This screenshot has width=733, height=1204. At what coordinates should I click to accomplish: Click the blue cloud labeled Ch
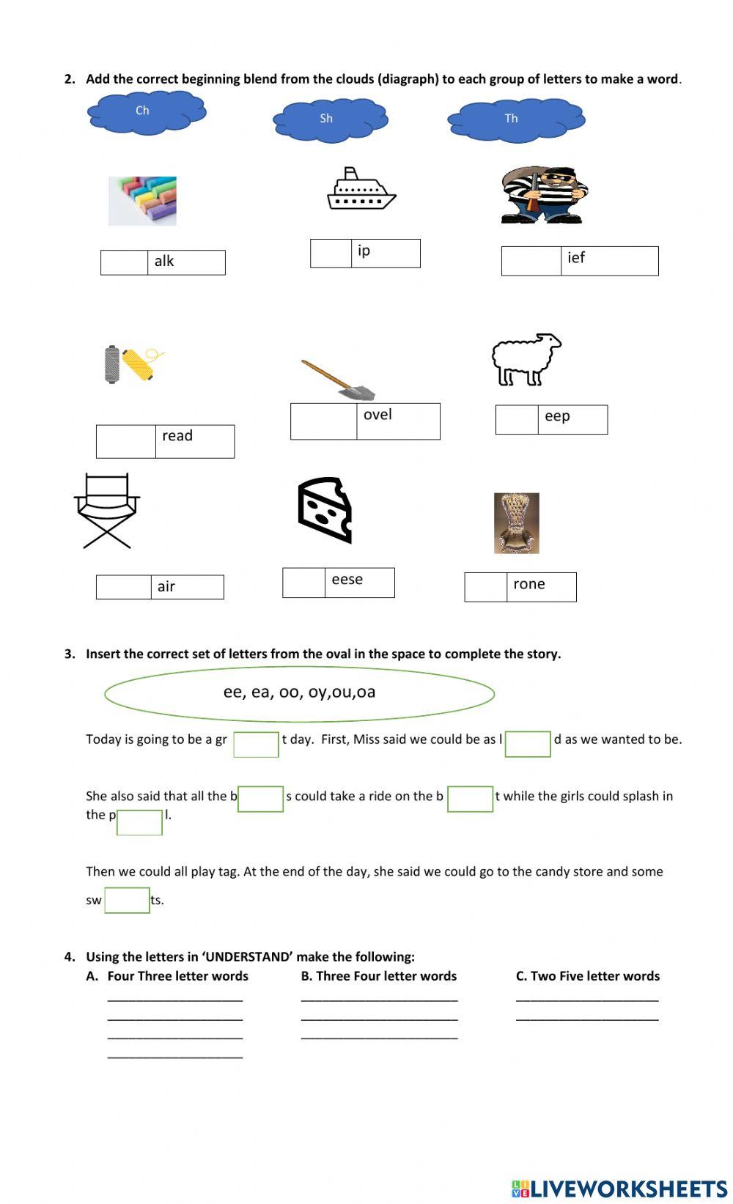click(147, 112)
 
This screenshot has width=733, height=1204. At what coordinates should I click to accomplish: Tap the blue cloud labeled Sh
click(330, 120)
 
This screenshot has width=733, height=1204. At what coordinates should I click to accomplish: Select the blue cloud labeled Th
click(516, 119)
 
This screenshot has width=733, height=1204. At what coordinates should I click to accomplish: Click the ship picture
click(361, 190)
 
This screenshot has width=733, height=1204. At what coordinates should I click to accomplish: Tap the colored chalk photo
click(142, 200)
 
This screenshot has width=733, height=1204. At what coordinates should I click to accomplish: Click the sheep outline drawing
click(526, 359)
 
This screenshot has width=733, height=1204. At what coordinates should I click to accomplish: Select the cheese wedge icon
click(325, 510)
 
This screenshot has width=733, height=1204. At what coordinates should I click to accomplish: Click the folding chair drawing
click(107, 511)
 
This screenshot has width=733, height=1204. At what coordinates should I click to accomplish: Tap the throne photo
click(517, 523)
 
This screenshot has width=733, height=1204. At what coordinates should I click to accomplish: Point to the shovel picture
click(338, 380)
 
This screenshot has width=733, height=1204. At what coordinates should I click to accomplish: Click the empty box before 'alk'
click(125, 262)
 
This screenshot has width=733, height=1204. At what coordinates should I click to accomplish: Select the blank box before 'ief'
click(531, 261)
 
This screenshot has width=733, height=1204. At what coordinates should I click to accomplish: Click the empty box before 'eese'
click(304, 583)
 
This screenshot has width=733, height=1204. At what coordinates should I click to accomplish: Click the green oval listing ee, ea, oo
click(299, 693)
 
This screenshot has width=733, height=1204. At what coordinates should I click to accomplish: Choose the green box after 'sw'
click(127, 900)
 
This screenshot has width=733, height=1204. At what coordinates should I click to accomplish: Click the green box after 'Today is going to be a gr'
click(256, 744)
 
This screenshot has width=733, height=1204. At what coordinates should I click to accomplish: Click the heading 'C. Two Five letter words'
click(587, 976)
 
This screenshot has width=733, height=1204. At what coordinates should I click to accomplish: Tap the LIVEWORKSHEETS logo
click(619, 1188)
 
